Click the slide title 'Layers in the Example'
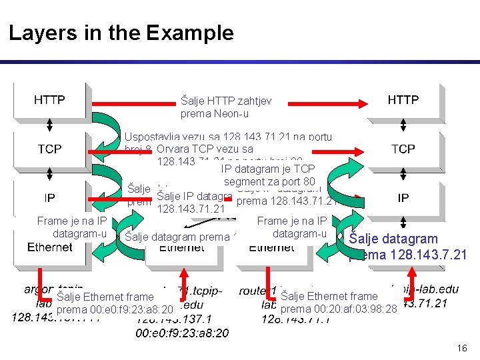[121, 33]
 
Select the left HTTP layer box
[49, 100]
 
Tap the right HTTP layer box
[403, 100]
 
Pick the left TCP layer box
[49, 149]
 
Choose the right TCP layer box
[403, 149]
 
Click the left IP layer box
[49, 198]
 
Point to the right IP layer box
[403, 198]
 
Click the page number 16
[462, 348]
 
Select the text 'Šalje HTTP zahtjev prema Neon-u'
[226, 107]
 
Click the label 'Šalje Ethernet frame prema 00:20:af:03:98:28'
[339, 303]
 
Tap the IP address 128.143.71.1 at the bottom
[294, 319]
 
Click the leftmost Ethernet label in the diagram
[50, 247]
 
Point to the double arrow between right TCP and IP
[403, 173]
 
